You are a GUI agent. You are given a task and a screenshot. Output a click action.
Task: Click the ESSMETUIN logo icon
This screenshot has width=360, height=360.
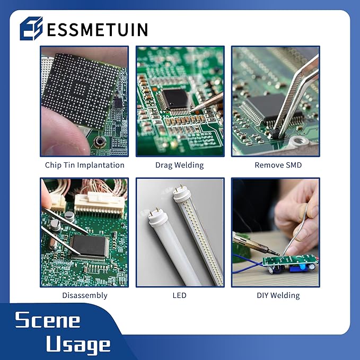(x=31, y=29)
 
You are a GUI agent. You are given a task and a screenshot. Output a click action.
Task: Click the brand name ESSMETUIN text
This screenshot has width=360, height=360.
(x=97, y=29)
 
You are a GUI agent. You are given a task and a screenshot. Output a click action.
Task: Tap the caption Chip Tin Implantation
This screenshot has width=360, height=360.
(x=84, y=165)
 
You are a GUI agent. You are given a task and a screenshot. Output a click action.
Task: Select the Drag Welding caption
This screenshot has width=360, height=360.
(x=179, y=165)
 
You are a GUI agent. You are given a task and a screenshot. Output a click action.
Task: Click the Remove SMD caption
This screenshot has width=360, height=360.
(x=278, y=165)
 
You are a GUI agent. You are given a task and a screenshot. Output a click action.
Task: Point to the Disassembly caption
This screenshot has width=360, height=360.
(x=84, y=295)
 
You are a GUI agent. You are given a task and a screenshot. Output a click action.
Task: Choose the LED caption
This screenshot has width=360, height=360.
(x=179, y=295)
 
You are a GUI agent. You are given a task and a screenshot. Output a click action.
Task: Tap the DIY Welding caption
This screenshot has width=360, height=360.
(x=278, y=295)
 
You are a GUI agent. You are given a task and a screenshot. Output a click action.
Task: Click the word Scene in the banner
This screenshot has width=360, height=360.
(x=48, y=320)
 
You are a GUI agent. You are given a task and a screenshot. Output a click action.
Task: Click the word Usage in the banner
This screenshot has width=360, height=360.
(x=78, y=345)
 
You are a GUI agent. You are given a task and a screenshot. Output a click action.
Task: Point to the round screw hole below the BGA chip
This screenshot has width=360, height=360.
(x=99, y=142)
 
